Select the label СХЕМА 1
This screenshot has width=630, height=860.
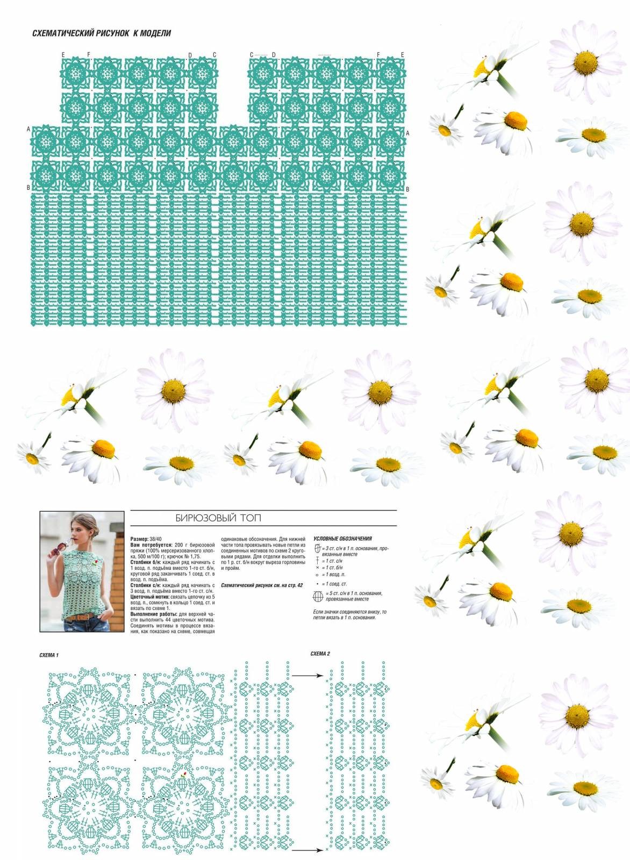[x=49, y=655]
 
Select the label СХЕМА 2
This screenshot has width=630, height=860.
[x=320, y=654]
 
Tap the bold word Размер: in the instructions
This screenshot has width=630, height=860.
[x=141, y=538]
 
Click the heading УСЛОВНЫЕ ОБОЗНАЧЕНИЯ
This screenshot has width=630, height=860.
[x=342, y=538]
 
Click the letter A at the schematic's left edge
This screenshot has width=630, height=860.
[x=28, y=130]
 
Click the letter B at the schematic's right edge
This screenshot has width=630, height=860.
[x=407, y=189]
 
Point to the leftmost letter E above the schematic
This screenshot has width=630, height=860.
[x=63, y=55]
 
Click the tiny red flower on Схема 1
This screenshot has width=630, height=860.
[x=184, y=775]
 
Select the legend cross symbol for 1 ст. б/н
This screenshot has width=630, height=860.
[x=318, y=568]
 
